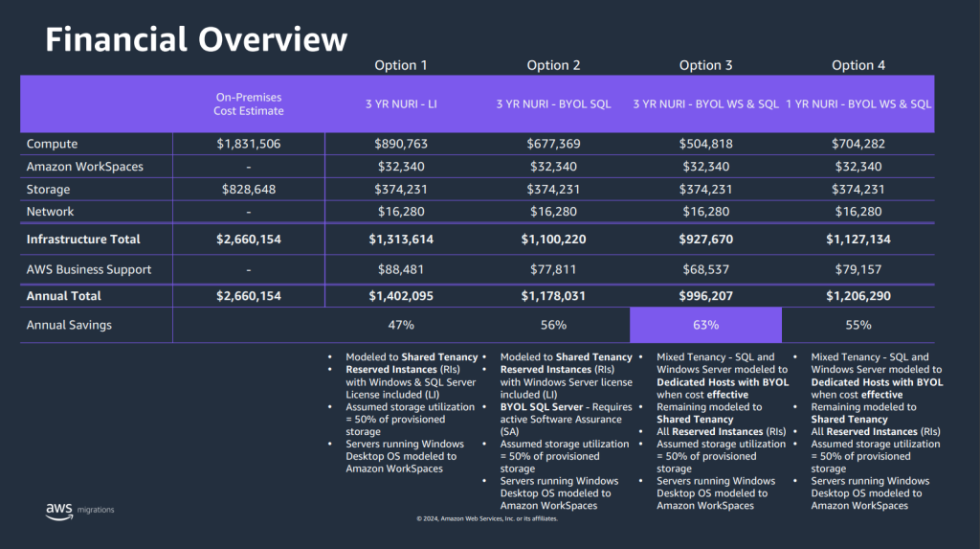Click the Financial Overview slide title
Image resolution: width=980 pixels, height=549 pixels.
click(x=196, y=39)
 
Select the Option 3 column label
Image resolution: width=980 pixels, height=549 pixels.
click(x=706, y=65)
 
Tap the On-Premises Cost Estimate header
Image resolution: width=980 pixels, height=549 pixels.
click(x=249, y=104)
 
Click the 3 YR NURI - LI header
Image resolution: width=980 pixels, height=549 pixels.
click(x=401, y=104)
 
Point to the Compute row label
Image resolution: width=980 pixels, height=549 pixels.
click(x=53, y=144)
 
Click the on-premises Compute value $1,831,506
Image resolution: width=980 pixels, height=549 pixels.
click(x=249, y=144)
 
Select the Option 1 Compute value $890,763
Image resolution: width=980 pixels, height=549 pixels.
click(x=401, y=144)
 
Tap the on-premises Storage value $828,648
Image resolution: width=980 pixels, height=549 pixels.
click(x=249, y=190)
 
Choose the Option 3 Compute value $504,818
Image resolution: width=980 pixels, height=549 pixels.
click(x=706, y=144)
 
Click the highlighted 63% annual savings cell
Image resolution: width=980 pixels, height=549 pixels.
click(x=706, y=325)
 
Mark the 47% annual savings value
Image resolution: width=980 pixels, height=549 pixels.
click(x=401, y=325)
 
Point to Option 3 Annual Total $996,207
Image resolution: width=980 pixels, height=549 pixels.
click(x=706, y=296)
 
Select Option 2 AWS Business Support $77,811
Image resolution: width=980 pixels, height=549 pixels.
click(x=553, y=269)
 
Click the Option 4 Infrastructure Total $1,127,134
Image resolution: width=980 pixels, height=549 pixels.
click(x=858, y=240)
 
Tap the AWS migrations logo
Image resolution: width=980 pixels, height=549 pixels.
click(x=79, y=510)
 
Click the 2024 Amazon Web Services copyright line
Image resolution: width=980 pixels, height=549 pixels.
click(x=487, y=518)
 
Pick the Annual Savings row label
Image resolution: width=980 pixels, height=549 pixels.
click(x=69, y=325)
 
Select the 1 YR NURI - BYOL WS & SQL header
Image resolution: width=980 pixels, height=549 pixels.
click(x=858, y=104)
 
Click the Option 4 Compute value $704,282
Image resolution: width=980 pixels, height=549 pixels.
click(x=858, y=144)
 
